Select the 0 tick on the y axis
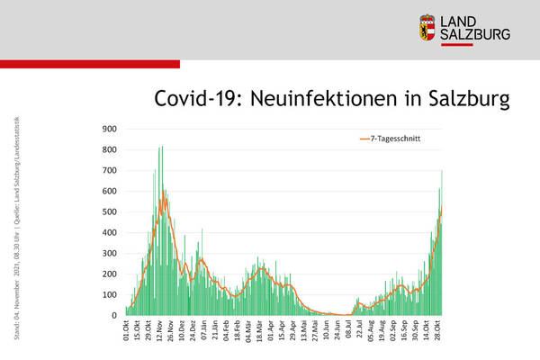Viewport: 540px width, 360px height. point(112,316)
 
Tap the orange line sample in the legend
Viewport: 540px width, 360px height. point(364,139)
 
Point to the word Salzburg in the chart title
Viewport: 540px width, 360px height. point(467,98)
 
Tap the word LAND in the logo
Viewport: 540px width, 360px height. point(466,21)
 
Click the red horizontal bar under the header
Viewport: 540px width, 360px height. point(90,64)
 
